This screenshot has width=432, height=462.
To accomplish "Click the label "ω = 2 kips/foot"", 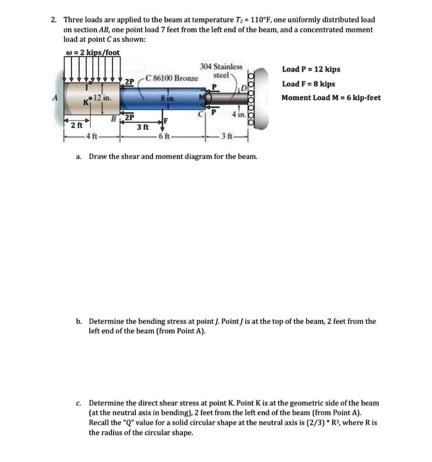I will pyautogui.click(x=93, y=52).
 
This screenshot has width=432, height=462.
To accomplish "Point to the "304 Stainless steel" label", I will pyautogui.click(x=221, y=71).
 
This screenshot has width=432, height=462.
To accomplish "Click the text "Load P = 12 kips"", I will pyautogui.click(x=311, y=69).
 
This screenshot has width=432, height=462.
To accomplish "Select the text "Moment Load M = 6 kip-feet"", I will pyautogui.click(x=331, y=97).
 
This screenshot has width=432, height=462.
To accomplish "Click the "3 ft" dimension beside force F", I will pyautogui.click(x=143, y=127).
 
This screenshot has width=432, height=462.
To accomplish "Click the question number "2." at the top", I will pyautogui.click(x=54, y=20).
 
